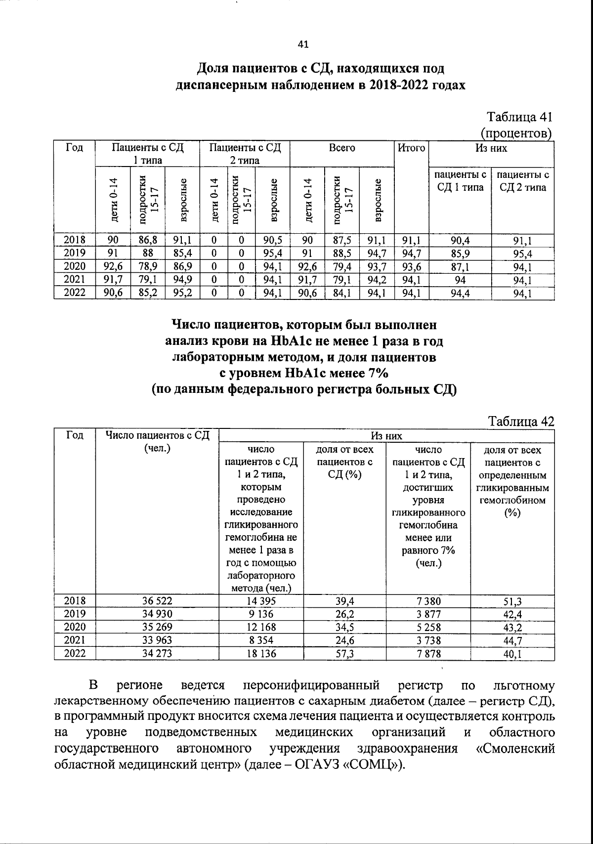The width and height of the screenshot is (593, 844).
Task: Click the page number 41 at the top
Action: point(303,44)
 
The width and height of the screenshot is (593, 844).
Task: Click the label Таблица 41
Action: point(519,118)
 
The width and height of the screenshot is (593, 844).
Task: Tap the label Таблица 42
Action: point(521,421)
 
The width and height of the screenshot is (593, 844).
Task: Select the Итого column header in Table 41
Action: point(411,148)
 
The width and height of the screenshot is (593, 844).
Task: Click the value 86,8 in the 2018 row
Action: point(147,241)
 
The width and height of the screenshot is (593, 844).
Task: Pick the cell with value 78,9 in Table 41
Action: point(147,267)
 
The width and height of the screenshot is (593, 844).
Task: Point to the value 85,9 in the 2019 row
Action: point(460,254)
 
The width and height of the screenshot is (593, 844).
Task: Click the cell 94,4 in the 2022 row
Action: point(460,294)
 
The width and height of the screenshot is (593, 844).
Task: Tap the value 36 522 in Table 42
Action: point(157,601)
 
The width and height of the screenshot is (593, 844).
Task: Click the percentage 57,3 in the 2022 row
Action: point(344,653)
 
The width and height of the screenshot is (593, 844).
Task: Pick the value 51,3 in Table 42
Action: point(512,601)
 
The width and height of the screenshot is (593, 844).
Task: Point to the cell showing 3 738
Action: point(428,640)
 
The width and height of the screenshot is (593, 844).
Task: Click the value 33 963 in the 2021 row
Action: point(157,640)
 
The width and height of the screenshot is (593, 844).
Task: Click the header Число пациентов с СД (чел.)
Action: point(157,441)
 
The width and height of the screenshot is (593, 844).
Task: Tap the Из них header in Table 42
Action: point(386,436)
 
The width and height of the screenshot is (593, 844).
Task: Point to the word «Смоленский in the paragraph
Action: point(514,762)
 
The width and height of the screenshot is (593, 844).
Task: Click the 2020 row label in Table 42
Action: point(75,627)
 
